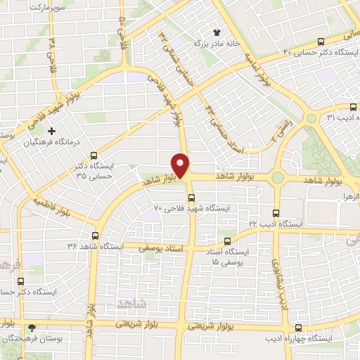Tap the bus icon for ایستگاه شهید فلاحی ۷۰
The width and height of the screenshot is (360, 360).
191,198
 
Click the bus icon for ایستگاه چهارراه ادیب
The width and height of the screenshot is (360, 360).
299,328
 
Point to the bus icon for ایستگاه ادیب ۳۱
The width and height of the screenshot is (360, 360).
352,108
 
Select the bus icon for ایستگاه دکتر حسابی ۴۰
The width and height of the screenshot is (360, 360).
321,41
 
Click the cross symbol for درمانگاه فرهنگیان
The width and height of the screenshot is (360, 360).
51,131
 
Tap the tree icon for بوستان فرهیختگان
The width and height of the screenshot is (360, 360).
31,328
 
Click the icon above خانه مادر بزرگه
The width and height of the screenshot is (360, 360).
217,32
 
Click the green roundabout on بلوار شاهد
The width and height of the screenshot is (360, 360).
279,178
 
